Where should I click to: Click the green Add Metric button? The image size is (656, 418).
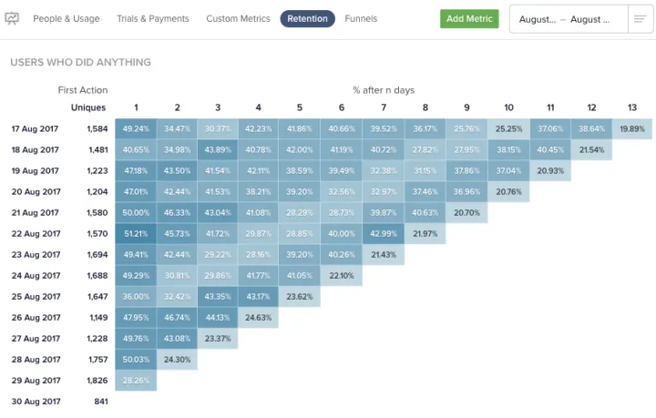pos(468,18)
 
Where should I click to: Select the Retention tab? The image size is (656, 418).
pos(307,18)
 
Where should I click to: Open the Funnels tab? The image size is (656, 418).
pos(361,18)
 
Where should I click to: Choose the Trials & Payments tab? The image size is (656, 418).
pos(153,18)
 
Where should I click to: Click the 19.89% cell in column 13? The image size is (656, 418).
pos(632,128)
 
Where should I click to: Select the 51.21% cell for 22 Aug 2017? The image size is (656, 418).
pos(136,233)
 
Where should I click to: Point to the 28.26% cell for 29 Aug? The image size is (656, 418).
pos(136,380)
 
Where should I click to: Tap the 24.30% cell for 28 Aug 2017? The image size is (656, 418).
pos(177,359)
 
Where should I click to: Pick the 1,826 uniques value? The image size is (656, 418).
pos(97,380)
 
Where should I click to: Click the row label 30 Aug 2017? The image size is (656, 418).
pos(36,401)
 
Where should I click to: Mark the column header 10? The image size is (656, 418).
pos(508,108)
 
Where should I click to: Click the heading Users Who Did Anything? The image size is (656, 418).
pos(80,62)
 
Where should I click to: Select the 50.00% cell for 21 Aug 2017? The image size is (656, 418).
pos(136,212)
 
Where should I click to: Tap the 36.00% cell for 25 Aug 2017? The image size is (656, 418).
pos(136,296)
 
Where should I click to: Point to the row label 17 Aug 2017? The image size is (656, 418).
pos(36,128)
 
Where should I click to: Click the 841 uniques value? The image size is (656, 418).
pos(100,401)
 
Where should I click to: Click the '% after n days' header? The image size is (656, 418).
pos(383,90)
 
